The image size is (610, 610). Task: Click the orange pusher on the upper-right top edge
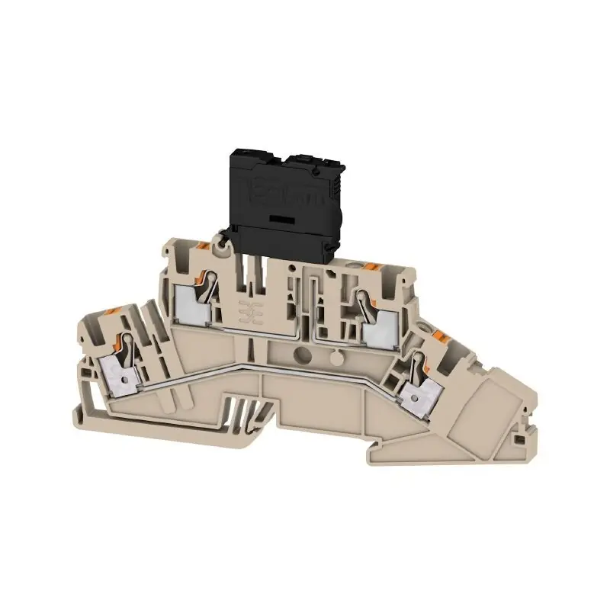tap(373, 266)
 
